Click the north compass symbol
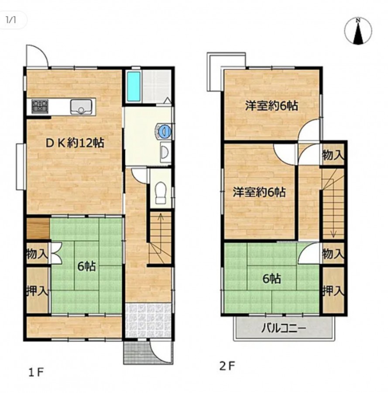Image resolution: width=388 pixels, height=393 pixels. click(358, 31)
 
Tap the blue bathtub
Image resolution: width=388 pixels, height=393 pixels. click(133, 86)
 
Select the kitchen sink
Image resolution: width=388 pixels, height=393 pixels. click(81, 107)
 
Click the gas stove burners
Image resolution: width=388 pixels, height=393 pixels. click(40, 106)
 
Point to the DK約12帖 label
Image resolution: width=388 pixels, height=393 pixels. click(74, 143)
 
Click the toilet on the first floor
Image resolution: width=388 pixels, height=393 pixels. click(160, 192)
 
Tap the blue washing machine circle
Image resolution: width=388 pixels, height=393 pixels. click(165, 131)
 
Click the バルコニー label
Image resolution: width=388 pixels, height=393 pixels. click(284, 328)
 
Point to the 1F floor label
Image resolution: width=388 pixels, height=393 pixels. click(36, 372)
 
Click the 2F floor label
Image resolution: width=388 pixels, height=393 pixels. click(227, 367)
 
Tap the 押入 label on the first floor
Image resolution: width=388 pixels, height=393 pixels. click(37, 291)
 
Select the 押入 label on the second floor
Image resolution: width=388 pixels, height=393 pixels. click(333, 291)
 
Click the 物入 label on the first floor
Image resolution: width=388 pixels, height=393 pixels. click(37, 254)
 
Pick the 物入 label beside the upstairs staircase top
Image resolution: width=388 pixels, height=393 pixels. click(333, 155)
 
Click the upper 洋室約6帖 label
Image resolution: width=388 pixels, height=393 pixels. click(271, 106)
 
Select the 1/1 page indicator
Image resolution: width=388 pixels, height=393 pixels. click(11, 20)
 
